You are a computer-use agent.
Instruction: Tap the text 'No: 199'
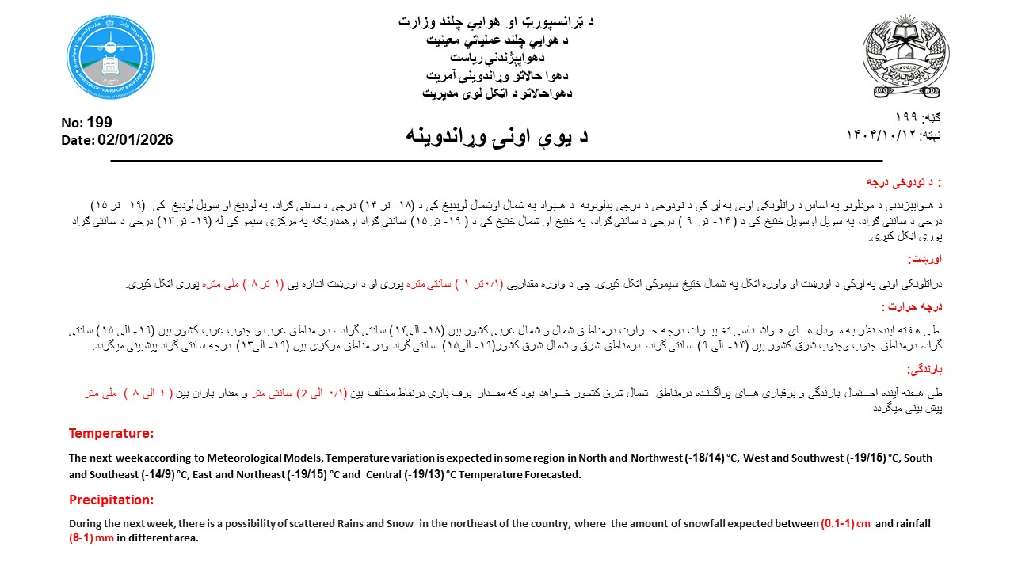click(86, 123)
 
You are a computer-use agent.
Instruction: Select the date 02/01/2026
click(135, 140)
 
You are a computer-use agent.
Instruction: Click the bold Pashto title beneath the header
click(497, 135)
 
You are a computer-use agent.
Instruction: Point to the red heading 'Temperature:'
click(111, 433)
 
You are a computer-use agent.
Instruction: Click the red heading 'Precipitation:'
click(111, 500)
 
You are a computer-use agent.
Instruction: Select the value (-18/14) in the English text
click(706, 458)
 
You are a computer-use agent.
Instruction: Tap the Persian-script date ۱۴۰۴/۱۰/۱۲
click(879, 135)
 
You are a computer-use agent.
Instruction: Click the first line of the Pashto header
click(497, 22)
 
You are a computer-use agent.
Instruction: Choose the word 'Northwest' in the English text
click(655, 458)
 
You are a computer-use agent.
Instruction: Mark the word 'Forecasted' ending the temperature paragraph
click(549, 474)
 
